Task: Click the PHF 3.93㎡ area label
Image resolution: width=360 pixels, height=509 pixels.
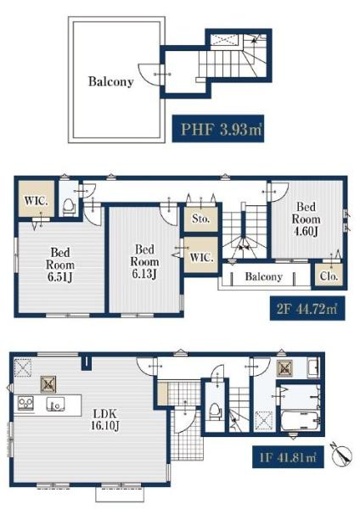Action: (217, 129)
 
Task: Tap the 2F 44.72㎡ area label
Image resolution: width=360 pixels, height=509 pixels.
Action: (307, 309)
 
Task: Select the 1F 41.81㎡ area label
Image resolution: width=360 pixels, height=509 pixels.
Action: (288, 457)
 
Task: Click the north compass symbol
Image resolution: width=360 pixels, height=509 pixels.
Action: (342, 454)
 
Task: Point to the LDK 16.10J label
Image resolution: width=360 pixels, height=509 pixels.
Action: (104, 419)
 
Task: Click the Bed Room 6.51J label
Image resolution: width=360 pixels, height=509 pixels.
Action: (60, 265)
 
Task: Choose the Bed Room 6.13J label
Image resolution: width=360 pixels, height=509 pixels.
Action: (144, 261)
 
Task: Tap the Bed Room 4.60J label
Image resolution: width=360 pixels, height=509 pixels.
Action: (306, 219)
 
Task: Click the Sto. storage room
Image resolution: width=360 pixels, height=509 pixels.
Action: (200, 219)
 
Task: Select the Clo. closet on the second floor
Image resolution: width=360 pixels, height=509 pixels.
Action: (329, 276)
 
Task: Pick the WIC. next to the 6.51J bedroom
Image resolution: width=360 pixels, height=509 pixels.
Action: (36, 199)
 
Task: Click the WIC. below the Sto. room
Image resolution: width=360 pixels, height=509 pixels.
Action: (201, 255)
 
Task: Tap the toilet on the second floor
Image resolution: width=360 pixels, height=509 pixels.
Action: (69, 207)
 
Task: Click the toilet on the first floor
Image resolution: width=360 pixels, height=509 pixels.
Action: (215, 411)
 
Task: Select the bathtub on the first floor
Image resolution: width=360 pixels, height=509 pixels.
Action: (301, 421)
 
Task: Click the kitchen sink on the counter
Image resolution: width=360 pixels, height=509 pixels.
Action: (55, 404)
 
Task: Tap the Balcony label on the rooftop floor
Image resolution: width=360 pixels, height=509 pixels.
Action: (111, 81)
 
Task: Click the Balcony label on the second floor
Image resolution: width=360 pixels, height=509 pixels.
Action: (263, 277)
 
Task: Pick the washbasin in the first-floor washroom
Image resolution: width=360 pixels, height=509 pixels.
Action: (313, 368)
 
